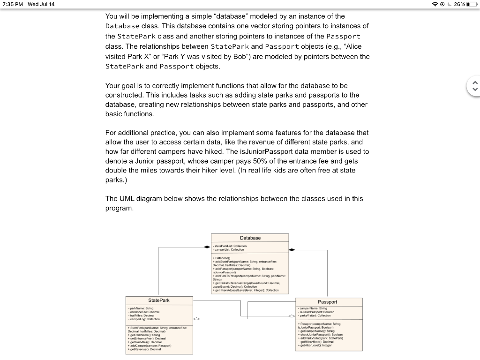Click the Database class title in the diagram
click(250, 238)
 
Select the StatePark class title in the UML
click(158, 300)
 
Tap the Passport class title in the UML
click(327, 302)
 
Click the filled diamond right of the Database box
click(292, 250)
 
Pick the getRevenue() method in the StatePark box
click(143, 349)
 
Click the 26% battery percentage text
click(459, 4)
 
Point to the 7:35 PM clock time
click(13, 4)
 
